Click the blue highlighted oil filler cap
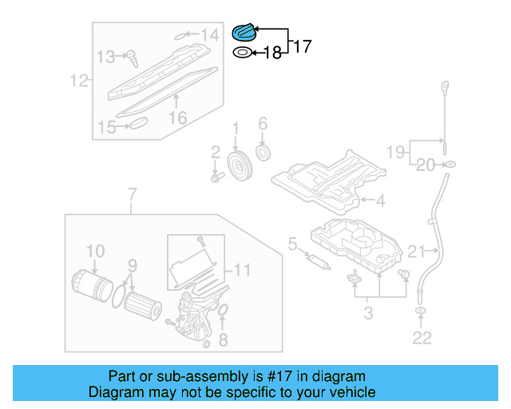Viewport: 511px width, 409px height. pos(242,33)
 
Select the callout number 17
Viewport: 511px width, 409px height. pos(302,46)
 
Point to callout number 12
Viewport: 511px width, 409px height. pos(78,81)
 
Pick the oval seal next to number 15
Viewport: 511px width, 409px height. pos(138,123)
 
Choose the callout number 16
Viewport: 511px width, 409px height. pos(176,117)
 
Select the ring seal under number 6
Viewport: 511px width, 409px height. pos(263,153)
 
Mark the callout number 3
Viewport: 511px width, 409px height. pos(368,312)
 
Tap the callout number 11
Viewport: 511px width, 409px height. pos(243,270)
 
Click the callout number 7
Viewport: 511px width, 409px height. pos(132,193)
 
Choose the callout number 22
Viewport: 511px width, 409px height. pos(422,339)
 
